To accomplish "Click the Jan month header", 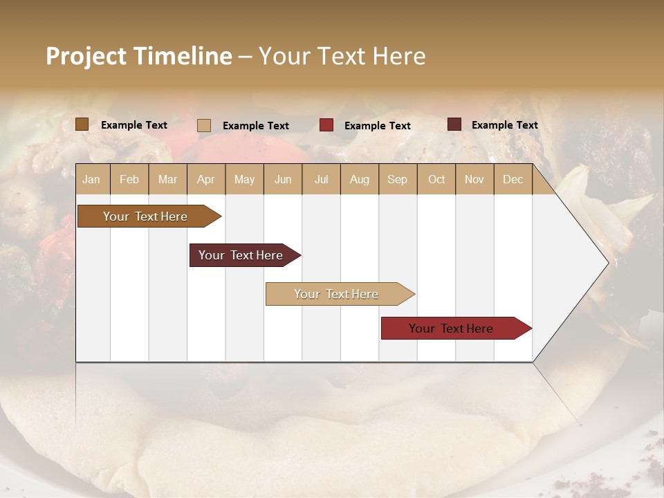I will pos(92,179).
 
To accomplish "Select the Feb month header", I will pos(129,179).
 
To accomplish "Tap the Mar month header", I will pos(167,179).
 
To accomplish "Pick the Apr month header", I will pos(205,179).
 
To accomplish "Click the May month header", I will pos(244,179).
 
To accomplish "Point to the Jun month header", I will pos(283,179).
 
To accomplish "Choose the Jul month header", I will pos(321,179).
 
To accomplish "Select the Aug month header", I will pos(359,179).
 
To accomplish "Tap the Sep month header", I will pos(397,179).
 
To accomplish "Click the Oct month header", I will pos(436,179).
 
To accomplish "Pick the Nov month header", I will pos(474,179).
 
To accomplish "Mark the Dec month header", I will pos(513,179).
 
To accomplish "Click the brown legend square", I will pos(82,124).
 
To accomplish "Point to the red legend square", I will pos(326,125).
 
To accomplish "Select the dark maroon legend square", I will pos(454,124).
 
